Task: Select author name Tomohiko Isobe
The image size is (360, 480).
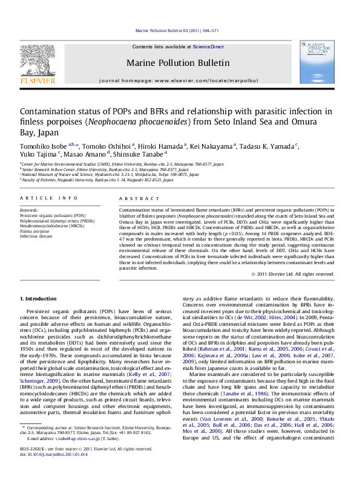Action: [39, 145]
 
